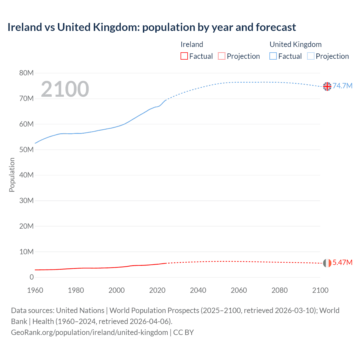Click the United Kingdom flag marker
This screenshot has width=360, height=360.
point(327,86)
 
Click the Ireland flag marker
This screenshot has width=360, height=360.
point(327,263)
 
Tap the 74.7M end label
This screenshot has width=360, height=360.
point(342,86)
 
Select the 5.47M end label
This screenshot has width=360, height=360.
point(342,262)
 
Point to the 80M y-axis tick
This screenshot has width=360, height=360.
point(26,73)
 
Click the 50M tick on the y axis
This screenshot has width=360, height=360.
point(26,150)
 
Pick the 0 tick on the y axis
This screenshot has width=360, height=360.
point(31,277)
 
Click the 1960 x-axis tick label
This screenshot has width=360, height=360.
point(35,290)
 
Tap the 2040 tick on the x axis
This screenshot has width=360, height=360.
point(198,290)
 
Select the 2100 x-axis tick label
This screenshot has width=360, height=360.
point(320,290)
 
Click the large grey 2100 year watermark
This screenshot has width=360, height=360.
point(65,89)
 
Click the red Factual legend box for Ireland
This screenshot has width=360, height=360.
point(184,56)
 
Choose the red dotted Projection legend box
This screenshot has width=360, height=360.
point(222,56)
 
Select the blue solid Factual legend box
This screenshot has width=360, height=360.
point(273,56)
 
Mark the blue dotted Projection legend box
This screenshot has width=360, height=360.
point(311,56)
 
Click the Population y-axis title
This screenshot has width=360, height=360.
point(12,175)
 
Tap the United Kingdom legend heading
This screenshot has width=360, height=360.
point(295,44)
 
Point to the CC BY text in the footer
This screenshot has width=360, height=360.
point(183,332)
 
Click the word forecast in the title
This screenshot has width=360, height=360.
point(276,27)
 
